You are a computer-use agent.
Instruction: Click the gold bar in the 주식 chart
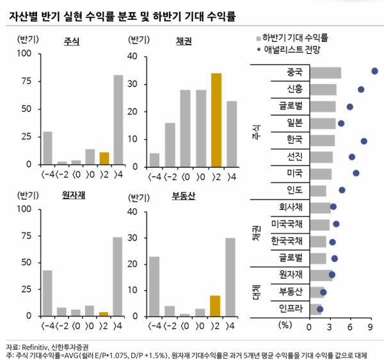coord(104,158)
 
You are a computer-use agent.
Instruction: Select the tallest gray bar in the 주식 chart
coord(118,120)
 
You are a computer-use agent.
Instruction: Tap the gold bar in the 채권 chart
coord(216,119)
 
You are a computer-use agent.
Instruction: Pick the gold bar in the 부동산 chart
coord(216,306)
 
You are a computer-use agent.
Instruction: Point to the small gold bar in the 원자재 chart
coord(104,314)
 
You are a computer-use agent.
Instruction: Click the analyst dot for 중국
coord(374,72)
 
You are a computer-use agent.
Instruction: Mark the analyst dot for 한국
coord(364,141)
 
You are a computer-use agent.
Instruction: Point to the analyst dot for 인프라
coord(320,309)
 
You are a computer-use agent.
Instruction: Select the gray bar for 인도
coord(318,190)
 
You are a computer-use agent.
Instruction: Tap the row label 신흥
coord(295,89)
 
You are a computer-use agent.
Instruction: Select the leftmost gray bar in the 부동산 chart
coord(154,286)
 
